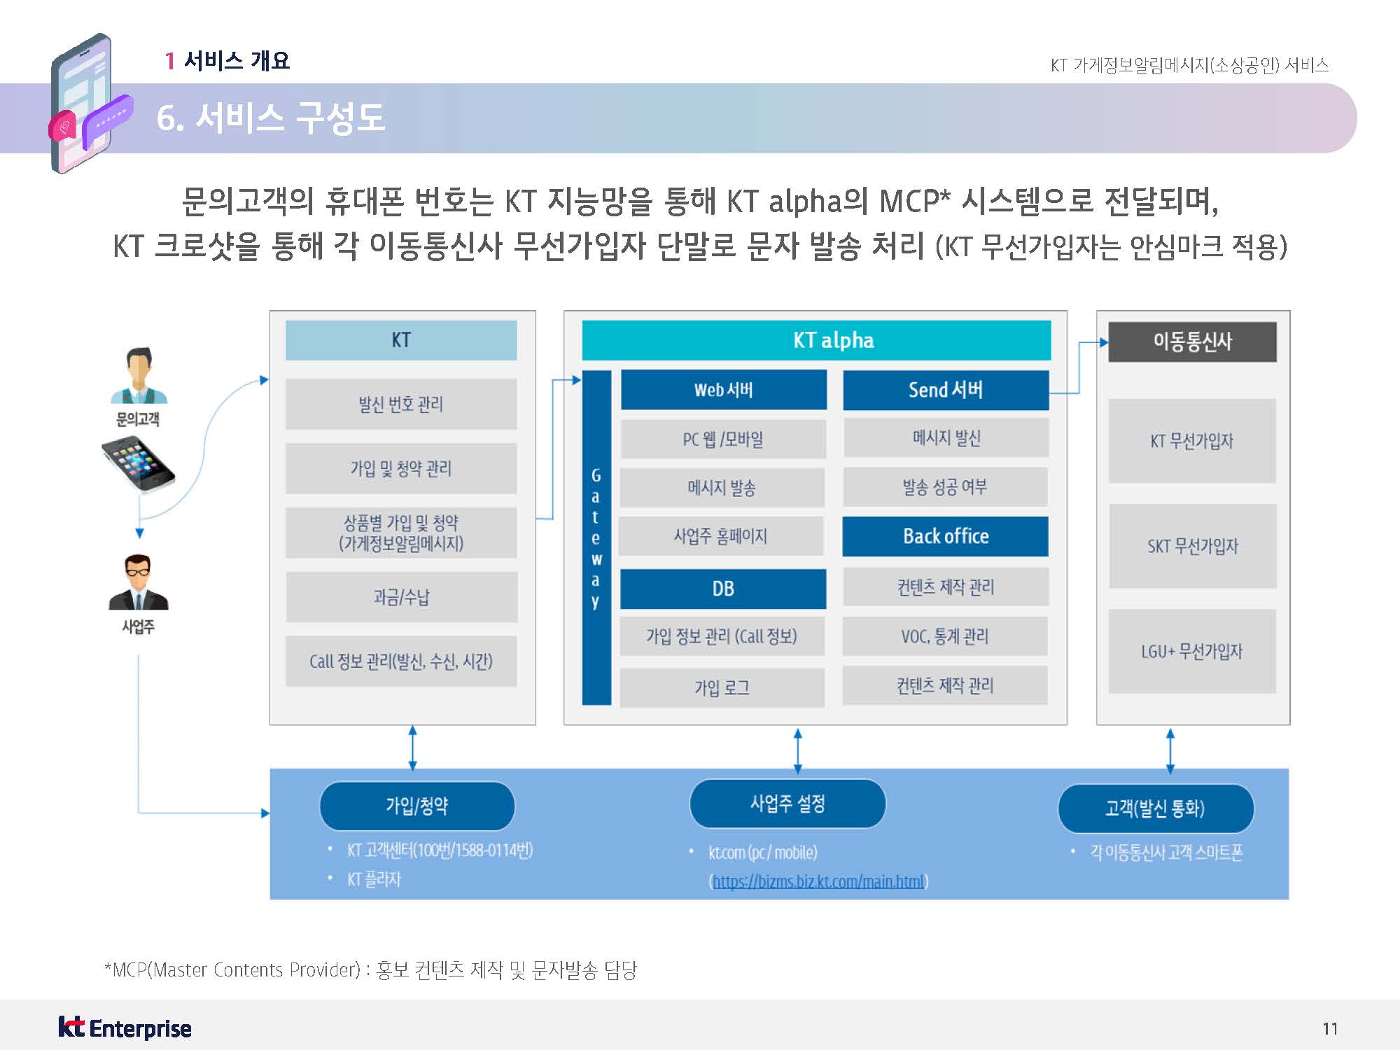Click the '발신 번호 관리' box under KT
coord(401,404)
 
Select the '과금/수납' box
coord(401,597)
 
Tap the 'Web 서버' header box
coord(723,390)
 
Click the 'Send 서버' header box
coord(945,390)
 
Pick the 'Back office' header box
coord(945,536)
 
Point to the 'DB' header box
coord(723,589)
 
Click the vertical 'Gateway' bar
coord(596,538)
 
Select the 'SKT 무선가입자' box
coord(1192,546)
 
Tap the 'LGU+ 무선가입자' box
coord(1192,652)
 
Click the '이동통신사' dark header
coord(1192,342)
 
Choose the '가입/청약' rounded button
coord(416,806)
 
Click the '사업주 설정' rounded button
coord(787,804)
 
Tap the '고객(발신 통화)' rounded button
coord(1155,808)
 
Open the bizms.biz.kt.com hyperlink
coord(818,881)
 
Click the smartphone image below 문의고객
coord(138,464)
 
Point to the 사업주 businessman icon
coord(138,582)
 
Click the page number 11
coord(1330,1028)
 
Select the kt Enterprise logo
coord(125,1028)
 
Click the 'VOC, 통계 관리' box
coord(945,636)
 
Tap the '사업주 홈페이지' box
coord(721,536)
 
